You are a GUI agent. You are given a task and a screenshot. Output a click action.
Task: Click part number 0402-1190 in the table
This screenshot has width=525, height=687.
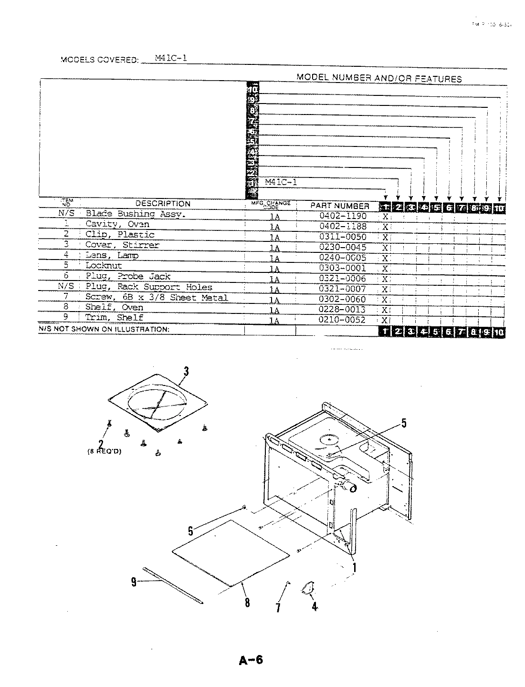tap(342, 216)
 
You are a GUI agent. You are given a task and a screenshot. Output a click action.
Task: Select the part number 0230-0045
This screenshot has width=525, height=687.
tap(342, 247)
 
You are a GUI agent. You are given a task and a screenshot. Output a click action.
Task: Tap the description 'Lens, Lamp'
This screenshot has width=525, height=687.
tap(112, 256)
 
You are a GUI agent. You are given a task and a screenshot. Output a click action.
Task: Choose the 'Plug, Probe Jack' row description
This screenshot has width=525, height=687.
tap(127, 277)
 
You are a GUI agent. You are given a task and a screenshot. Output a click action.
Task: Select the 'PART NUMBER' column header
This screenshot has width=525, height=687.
tap(340, 206)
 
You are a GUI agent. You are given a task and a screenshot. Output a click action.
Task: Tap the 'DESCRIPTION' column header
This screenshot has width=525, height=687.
tap(163, 204)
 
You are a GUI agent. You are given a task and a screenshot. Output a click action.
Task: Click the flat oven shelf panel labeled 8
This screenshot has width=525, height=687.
tap(231, 552)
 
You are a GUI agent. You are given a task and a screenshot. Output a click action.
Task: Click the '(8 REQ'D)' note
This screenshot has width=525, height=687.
tap(105, 451)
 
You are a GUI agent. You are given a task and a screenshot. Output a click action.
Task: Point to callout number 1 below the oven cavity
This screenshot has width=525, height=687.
tap(354, 567)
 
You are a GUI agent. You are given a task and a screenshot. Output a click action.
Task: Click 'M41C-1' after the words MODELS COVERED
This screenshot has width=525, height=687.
tap(171, 58)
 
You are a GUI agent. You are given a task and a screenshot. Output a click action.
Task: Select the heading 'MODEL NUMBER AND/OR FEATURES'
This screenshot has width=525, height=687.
tap(379, 78)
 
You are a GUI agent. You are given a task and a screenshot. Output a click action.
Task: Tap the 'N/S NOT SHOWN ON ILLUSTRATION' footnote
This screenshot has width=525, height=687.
tap(104, 329)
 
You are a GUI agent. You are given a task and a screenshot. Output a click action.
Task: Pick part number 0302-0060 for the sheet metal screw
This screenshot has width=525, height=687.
tap(342, 299)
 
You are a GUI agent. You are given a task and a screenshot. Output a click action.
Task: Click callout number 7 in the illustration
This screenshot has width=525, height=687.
tap(278, 607)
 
